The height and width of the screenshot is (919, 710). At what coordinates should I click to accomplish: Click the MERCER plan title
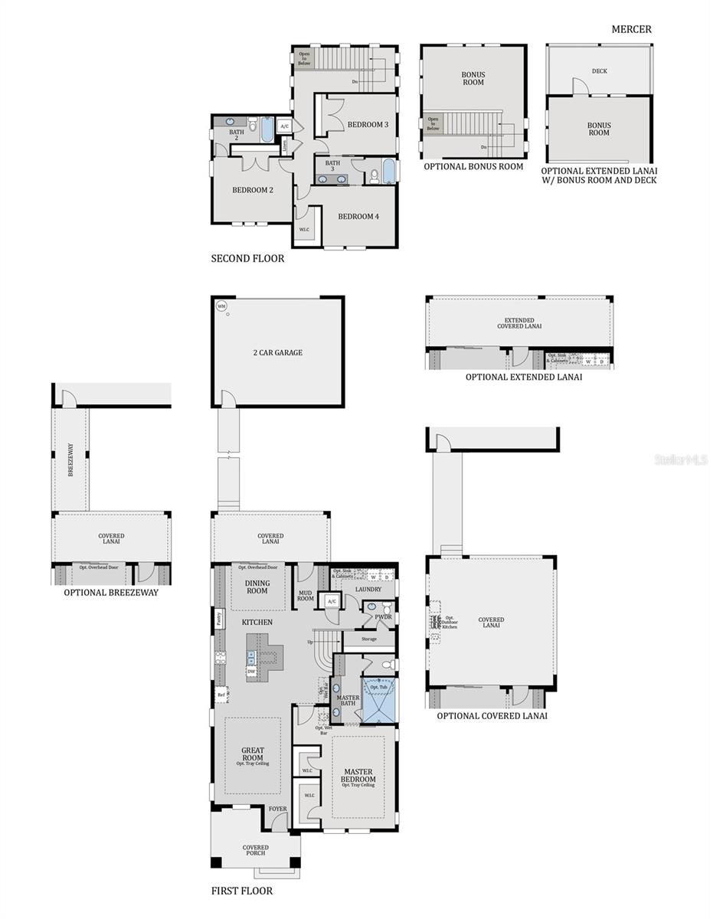point(631,30)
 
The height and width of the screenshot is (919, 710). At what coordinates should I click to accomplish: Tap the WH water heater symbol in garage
point(221,306)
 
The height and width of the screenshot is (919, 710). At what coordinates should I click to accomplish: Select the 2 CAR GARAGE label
point(277,353)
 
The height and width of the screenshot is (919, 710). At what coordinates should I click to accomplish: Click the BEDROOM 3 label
point(368,125)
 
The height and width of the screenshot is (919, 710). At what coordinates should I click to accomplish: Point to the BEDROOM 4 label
point(358,216)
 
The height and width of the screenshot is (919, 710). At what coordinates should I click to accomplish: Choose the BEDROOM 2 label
point(253,190)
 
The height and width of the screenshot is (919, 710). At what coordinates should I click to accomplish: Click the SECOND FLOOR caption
point(247,259)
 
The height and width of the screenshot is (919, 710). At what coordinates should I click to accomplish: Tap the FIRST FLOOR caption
point(241,891)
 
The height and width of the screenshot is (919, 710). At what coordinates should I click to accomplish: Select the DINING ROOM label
point(257,587)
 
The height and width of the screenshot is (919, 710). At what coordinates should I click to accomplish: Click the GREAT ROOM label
point(253,754)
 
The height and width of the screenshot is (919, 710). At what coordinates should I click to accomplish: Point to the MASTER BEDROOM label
point(358,776)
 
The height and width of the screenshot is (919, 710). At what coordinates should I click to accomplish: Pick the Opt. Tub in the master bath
point(379,688)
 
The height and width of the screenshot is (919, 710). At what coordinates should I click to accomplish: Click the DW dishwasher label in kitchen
point(251,672)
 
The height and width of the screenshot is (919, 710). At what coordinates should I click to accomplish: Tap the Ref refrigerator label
point(221,695)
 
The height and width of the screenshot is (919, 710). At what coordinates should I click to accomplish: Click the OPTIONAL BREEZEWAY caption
point(111,592)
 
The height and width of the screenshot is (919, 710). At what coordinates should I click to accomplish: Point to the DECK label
point(599,71)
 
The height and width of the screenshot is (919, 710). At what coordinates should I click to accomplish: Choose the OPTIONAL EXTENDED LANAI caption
point(524,377)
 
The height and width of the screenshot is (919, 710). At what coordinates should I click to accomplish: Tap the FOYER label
point(276,809)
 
